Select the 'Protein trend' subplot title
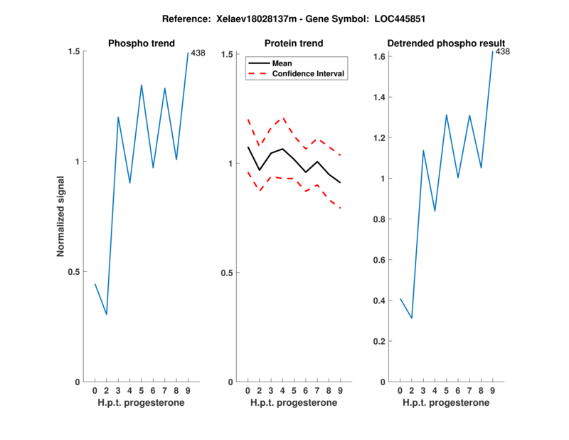tap(293, 43)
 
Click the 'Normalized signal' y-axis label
tap(61, 216)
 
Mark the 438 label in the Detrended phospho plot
tap(503, 51)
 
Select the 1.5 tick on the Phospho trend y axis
tap(73, 51)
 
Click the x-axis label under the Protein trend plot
tap(293, 403)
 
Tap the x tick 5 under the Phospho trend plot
tap(142, 390)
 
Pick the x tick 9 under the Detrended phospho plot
tap(493, 390)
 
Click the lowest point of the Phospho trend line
tap(107, 315)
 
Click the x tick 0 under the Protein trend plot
tap(248, 390)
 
